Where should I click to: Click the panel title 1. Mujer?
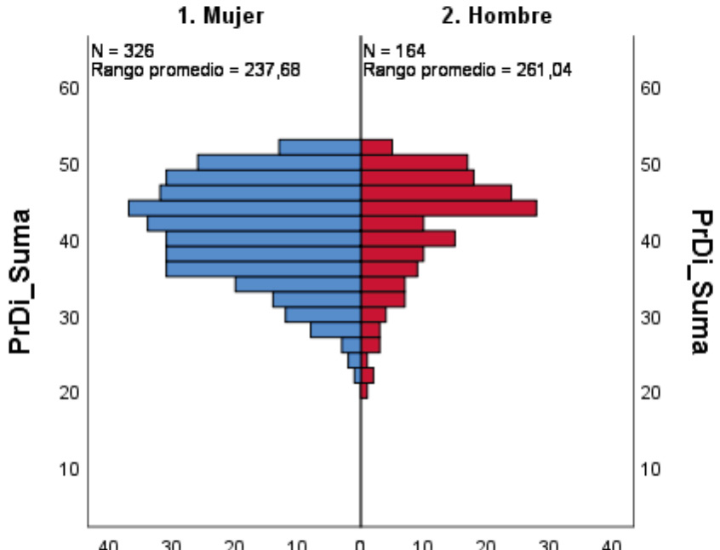pyautogui.click(x=220, y=15)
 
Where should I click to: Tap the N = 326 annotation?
pyautogui.click(x=122, y=54)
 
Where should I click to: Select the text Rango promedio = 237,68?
pyautogui.click(x=195, y=70)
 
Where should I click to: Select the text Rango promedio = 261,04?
pyautogui.click(x=467, y=70)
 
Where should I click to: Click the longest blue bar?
pyautogui.click(x=244, y=209)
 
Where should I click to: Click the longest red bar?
pyautogui.click(x=449, y=209)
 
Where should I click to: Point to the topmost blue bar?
pyautogui.click(x=319, y=147)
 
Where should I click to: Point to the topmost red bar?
pyautogui.click(x=376, y=147)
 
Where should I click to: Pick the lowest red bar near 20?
pyautogui.click(x=364, y=392)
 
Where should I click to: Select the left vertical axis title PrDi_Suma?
pyautogui.click(x=24, y=281)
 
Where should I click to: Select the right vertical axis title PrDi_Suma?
pyautogui.click(x=699, y=281)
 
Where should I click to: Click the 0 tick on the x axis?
pyautogui.click(x=360, y=544)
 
